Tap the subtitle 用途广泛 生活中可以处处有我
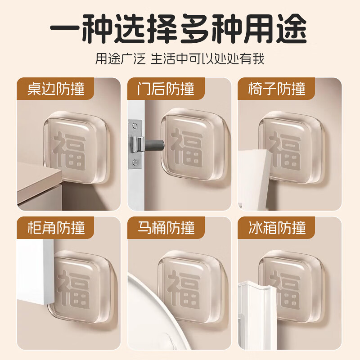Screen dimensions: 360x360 click(180, 59)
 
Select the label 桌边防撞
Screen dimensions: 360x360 click(56, 88)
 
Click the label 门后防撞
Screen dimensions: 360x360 click(166, 88)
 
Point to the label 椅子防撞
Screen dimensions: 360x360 click(277, 88)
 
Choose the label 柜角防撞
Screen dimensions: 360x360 click(56, 227)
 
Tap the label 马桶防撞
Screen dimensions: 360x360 click(166, 227)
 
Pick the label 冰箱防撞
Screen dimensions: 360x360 click(277, 227)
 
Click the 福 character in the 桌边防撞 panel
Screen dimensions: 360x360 click(69, 150)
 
